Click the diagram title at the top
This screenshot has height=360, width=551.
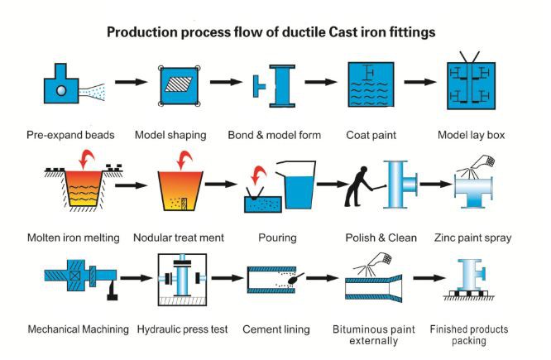click(x=275, y=32)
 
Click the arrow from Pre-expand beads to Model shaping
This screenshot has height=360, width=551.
click(x=129, y=83)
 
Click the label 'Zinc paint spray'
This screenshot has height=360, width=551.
click(x=472, y=238)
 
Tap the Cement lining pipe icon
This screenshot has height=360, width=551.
click(x=276, y=283)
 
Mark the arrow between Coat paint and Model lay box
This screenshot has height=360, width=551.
click(x=419, y=83)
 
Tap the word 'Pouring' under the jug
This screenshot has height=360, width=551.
click(x=276, y=238)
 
